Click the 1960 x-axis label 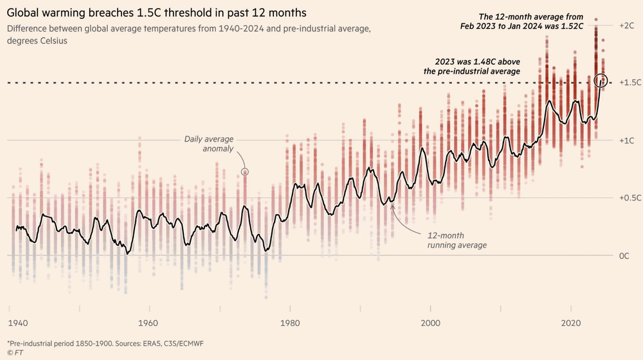coord(149,323)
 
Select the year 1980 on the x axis coord(289,323)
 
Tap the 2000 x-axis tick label coord(430,323)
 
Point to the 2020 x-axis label coord(572,323)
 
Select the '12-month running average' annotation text coord(457,240)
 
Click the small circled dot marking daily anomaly coord(244,172)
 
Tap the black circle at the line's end coord(602,80)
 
